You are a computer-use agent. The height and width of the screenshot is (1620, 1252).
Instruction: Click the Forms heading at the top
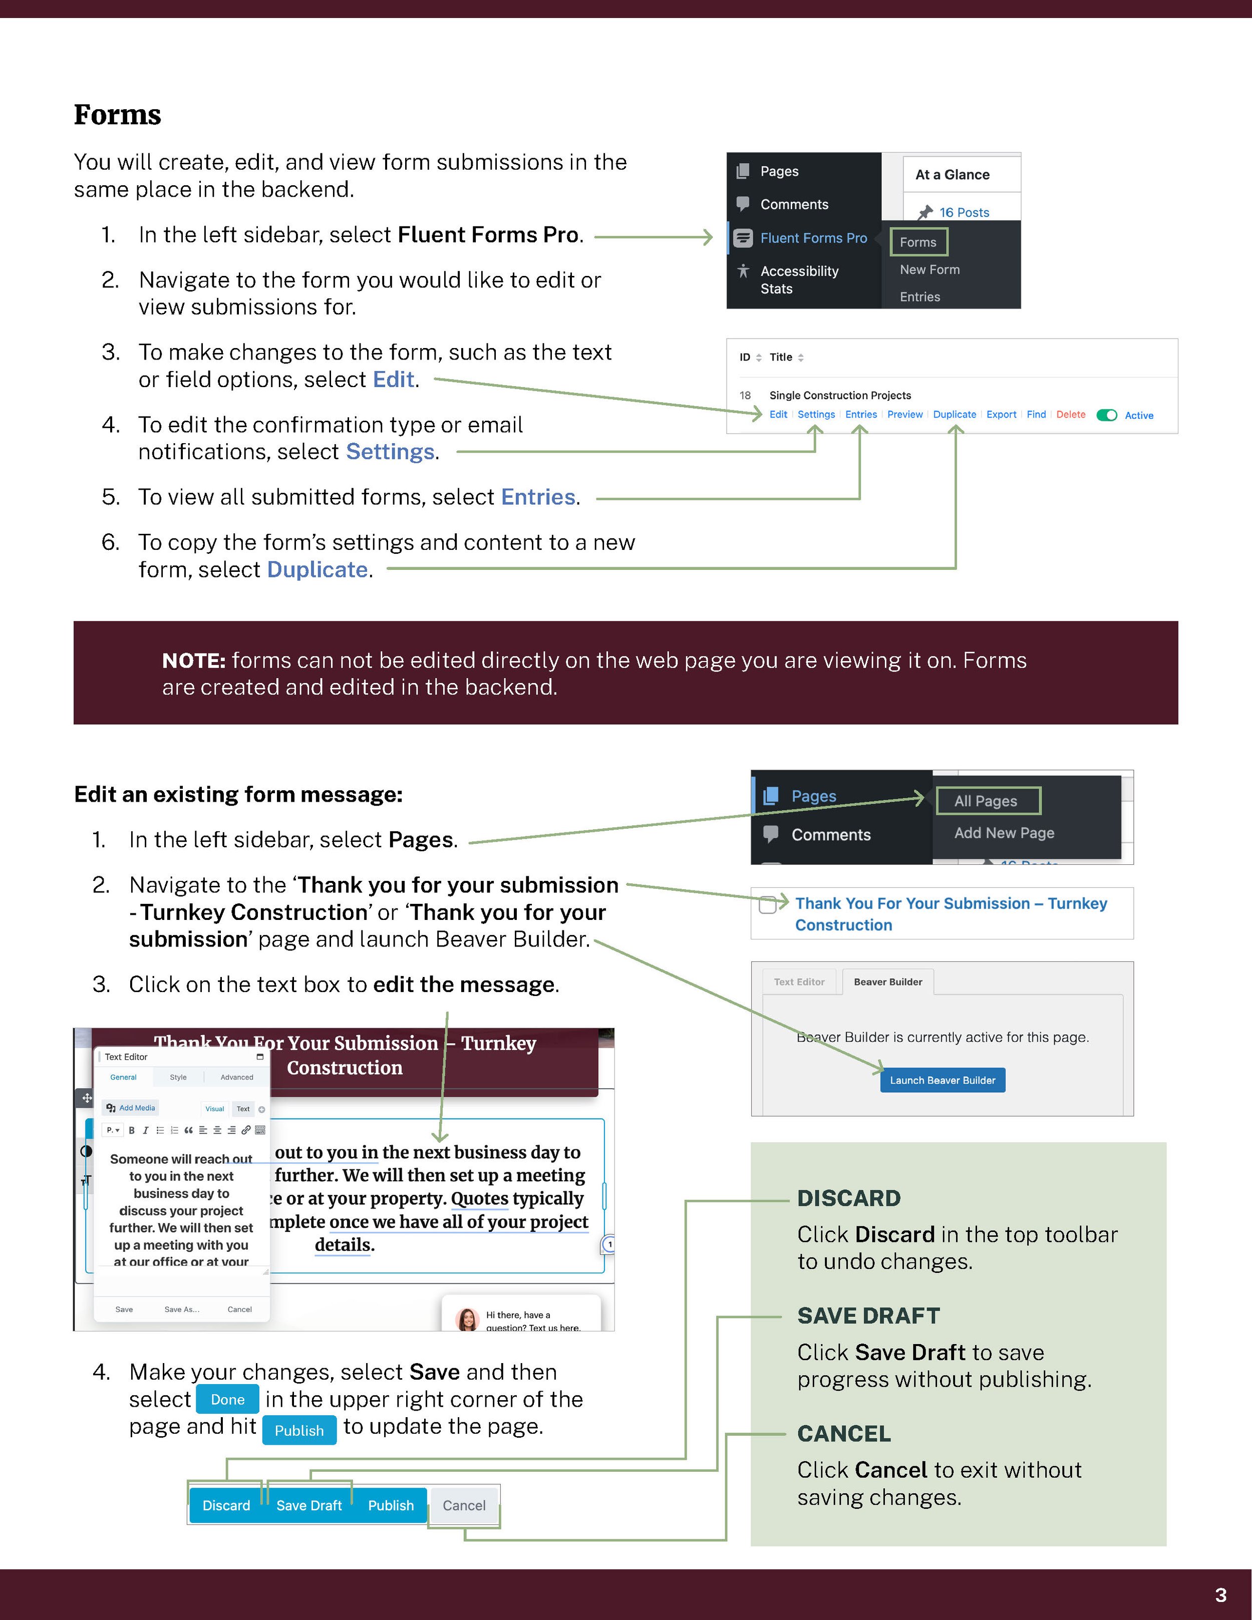117,115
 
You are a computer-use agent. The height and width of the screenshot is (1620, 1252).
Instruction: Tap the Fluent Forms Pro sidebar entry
813,238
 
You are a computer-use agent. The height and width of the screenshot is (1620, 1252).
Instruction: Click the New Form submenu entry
929,270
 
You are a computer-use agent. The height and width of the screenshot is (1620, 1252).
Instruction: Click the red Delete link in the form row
1070,415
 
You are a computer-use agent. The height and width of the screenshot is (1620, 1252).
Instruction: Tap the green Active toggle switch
1107,415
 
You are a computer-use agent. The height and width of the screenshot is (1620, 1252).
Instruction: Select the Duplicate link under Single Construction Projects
954,415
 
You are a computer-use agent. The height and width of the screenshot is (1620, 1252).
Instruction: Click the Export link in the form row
1001,415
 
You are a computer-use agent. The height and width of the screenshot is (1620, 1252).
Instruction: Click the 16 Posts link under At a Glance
964,213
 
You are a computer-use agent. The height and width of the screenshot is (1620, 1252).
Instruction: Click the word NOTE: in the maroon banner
193,660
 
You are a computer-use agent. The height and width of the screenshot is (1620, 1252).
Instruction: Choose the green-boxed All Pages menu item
987,801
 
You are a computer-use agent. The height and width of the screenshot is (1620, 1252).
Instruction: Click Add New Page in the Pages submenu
1004,833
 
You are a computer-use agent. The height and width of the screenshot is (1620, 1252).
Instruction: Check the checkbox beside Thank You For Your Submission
768,904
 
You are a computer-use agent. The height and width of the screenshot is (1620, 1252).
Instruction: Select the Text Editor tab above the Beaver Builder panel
799,982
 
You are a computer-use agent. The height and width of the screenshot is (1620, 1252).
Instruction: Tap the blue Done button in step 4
227,1400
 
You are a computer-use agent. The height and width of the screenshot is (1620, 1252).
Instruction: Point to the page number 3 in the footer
1220,1595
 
